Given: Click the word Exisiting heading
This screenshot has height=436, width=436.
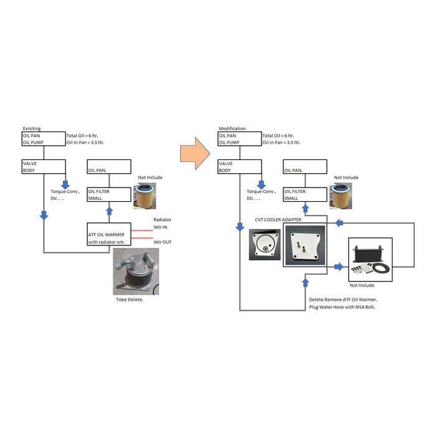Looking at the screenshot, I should [32, 129].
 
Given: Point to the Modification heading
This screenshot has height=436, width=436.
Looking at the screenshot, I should [232, 129].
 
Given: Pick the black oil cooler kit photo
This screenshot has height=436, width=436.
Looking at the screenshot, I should [370, 259].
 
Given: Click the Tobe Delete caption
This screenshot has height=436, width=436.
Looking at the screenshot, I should [130, 300].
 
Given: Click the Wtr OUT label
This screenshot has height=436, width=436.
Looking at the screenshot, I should [164, 241].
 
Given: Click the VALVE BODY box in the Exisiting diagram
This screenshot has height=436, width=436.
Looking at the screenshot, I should [44, 166].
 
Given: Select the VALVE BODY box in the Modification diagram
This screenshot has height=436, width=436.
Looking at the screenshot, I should [240, 166].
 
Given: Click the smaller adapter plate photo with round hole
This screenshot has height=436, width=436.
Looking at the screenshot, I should [264, 244].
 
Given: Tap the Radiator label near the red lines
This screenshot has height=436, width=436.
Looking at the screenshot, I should [162, 219].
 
